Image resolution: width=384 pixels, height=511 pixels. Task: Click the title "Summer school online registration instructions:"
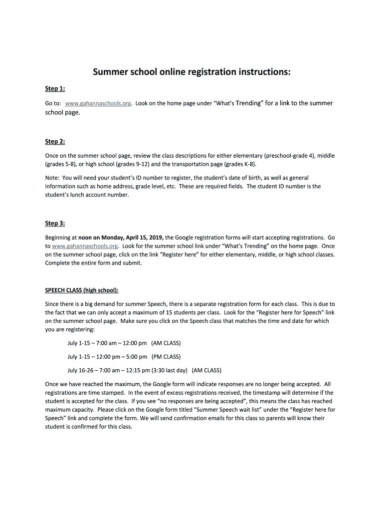[x=192, y=72]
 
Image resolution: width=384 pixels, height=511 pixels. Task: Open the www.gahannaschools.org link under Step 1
[x=98, y=103]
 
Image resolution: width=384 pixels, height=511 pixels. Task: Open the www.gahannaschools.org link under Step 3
[x=85, y=246]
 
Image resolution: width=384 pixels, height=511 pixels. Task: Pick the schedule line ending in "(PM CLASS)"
[x=124, y=357]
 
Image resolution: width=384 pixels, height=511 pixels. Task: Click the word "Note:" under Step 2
[x=52, y=178]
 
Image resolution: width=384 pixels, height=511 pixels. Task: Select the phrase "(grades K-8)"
[x=240, y=164]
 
